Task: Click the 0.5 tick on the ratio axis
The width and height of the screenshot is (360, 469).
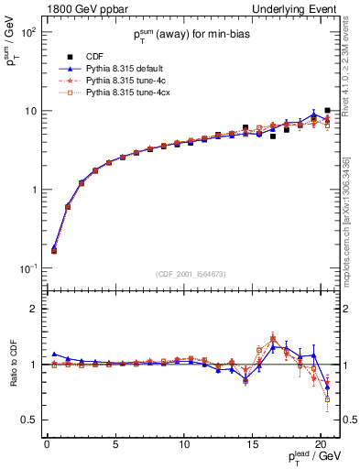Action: click(x=28, y=420)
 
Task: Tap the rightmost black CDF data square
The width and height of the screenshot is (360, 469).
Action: click(x=327, y=111)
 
